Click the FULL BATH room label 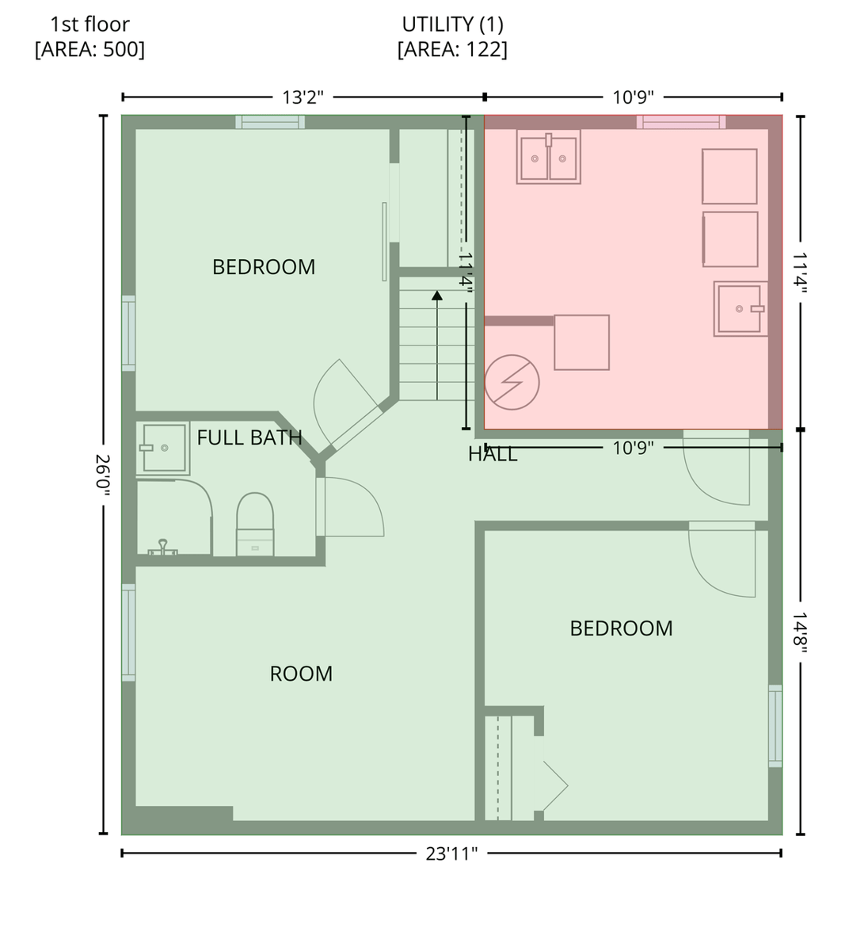[x=249, y=437]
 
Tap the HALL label [x=493, y=454]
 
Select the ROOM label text [x=301, y=674]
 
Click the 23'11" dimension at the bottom [x=451, y=854]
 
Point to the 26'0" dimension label [x=103, y=475]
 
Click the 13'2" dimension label [x=303, y=97]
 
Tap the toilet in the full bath [x=255, y=524]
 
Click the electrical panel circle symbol [x=512, y=382]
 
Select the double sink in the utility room [x=548, y=156]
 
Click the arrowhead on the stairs [x=437, y=296]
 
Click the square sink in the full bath [x=163, y=448]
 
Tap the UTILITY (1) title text [x=453, y=25]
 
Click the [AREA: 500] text [x=89, y=49]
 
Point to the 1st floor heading [x=89, y=25]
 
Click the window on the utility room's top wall [x=681, y=122]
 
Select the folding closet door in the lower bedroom [x=555, y=785]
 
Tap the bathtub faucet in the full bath [x=162, y=547]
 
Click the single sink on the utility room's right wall [x=740, y=308]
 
